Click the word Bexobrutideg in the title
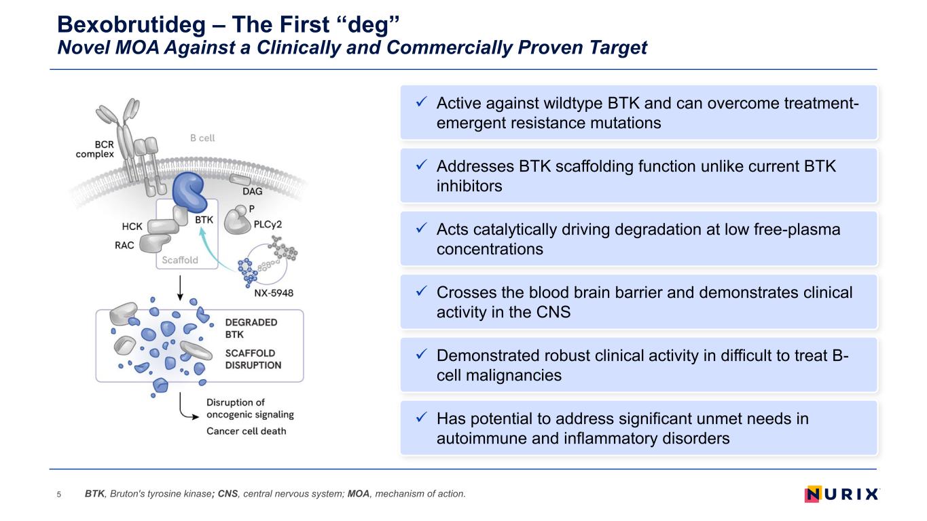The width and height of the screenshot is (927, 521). pyautogui.click(x=131, y=25)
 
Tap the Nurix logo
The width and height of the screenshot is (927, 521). pyautogui.click(x=841, y=494)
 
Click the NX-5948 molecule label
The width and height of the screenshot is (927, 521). pyautogui.click(x=274, y=293)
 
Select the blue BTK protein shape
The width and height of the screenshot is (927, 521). pyautogui.click(x=189, y=192)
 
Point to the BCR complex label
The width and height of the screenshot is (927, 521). pyautogui.click(x=95, y=149)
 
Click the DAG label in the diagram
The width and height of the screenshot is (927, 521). pyautogui.click(x=252, y=191)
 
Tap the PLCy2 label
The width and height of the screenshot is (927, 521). pyautogui.click(x=268, y=225)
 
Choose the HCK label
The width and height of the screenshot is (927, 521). pyautogui.click(x=132, y=227)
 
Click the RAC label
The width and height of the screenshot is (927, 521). pyautogui.click(x=124, y=246)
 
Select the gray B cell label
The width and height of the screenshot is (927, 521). pyautogui.click(x=202, y=138)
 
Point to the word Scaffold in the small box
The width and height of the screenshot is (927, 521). pyautogui.click(x=179, y=260)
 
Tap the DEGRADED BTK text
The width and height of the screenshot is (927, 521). pyautogui.click(x=251, y=328)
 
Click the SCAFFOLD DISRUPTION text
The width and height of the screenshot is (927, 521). pyautogui.click(x=253, y=360)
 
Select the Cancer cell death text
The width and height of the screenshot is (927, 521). pyautogui.click(x=247, y=431)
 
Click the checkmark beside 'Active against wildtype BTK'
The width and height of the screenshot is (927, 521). pyautogui.click(x=421, y=102)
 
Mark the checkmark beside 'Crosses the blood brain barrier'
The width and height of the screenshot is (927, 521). pyautogui.click(x=421, y=291)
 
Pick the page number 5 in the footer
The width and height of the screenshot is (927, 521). pyautogui.click(x=59, y=495)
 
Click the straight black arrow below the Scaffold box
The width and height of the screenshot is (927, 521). pyautogui.click(x=180, y=288)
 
